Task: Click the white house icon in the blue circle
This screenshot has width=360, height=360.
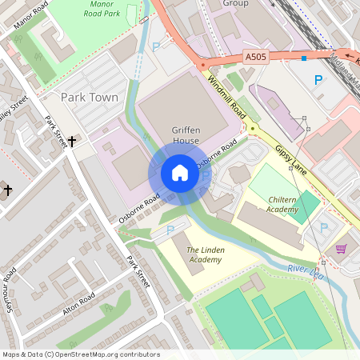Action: point(180,173)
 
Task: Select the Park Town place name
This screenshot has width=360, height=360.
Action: point(90,98)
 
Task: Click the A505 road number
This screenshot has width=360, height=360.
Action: point(255,57)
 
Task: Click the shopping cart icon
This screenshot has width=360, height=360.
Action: point(342,249)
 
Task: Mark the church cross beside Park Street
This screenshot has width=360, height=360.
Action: point(72,142)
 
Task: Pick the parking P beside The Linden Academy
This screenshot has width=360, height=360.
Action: point(170,230)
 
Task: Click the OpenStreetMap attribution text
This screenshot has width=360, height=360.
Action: point(81,354)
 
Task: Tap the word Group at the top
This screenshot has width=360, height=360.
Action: point(235,3)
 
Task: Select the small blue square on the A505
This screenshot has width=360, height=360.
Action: point(303,58)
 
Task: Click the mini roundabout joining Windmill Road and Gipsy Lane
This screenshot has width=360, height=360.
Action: point(252,128)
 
